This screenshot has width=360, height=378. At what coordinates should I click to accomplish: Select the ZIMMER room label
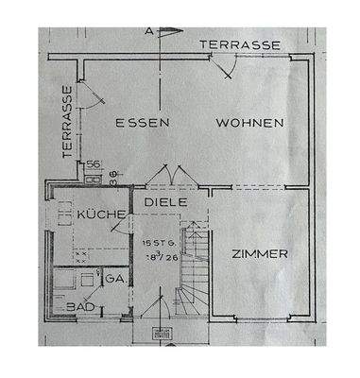point(258,253)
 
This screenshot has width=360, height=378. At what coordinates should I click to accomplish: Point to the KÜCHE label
point(102,215)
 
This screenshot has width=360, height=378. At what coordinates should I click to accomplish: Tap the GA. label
point(114,279)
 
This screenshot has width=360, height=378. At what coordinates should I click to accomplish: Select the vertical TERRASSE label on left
point(67,122)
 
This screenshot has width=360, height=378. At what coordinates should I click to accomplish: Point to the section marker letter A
point(148,30)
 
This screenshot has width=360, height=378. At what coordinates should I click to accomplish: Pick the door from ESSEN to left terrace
point(85,94)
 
